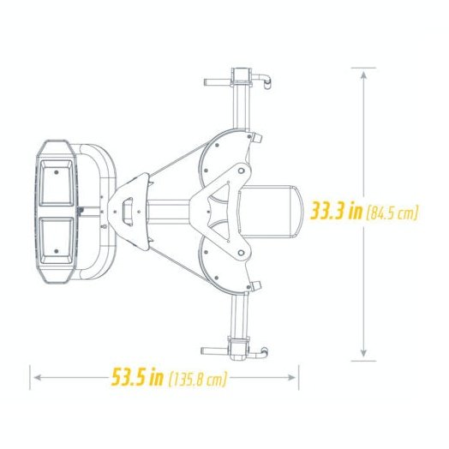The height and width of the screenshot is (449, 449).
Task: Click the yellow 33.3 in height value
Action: (337, 211)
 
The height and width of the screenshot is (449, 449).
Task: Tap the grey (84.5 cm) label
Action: (392, 213)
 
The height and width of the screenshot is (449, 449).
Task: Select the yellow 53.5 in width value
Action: (137, 376)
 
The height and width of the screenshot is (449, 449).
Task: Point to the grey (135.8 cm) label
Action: (198, 379)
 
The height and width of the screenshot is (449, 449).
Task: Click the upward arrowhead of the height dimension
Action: (363, 75)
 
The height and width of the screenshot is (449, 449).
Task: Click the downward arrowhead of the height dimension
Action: (363, 353)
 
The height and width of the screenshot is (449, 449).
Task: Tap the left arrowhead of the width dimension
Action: (38, 377)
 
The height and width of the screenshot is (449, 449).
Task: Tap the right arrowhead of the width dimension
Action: (292, 377)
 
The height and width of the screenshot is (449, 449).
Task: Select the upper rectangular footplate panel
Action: (57, 183)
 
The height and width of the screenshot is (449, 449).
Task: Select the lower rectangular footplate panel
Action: (57, 241)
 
